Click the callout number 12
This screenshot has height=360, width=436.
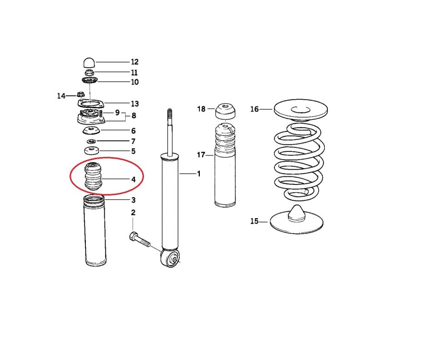(134, 62)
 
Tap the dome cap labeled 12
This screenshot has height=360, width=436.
(89, 62)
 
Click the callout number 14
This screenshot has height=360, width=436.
(61, 96)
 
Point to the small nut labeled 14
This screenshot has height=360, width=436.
(80, 95)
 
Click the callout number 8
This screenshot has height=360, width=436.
(134, 115)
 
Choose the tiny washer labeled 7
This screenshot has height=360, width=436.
(91, 141)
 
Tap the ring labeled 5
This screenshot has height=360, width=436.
(91, 151)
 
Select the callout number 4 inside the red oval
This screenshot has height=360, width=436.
(133, 180)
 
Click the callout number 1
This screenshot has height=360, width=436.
(198, 174)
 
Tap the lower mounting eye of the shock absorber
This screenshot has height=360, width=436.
(172, 259)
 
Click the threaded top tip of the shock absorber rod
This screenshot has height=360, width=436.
(170, 113)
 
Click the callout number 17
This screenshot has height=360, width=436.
(201, 155)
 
